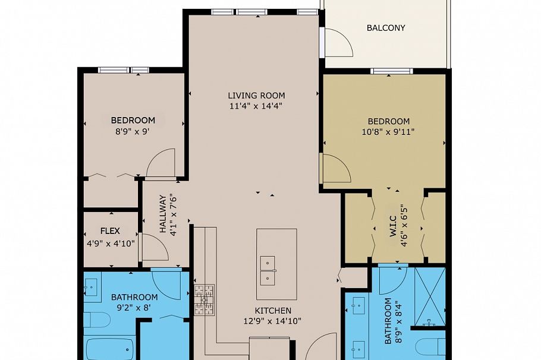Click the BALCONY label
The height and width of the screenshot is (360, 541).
pos(386,28)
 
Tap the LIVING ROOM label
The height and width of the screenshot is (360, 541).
pos(256,95)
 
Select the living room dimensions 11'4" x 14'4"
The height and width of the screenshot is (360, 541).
pos(256,106)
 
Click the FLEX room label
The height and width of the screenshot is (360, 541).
pos(111,231)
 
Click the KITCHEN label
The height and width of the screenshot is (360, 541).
pos(273,310)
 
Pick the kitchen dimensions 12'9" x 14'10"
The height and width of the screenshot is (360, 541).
pos(273,321)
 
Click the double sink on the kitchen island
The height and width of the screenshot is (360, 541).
pos(268,270)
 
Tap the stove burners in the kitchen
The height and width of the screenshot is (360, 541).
pos(204,299)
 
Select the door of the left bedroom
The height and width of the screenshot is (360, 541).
pos(161,163)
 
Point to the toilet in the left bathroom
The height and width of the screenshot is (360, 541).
pos(96,320)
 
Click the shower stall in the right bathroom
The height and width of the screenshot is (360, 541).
pos(429,297)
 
